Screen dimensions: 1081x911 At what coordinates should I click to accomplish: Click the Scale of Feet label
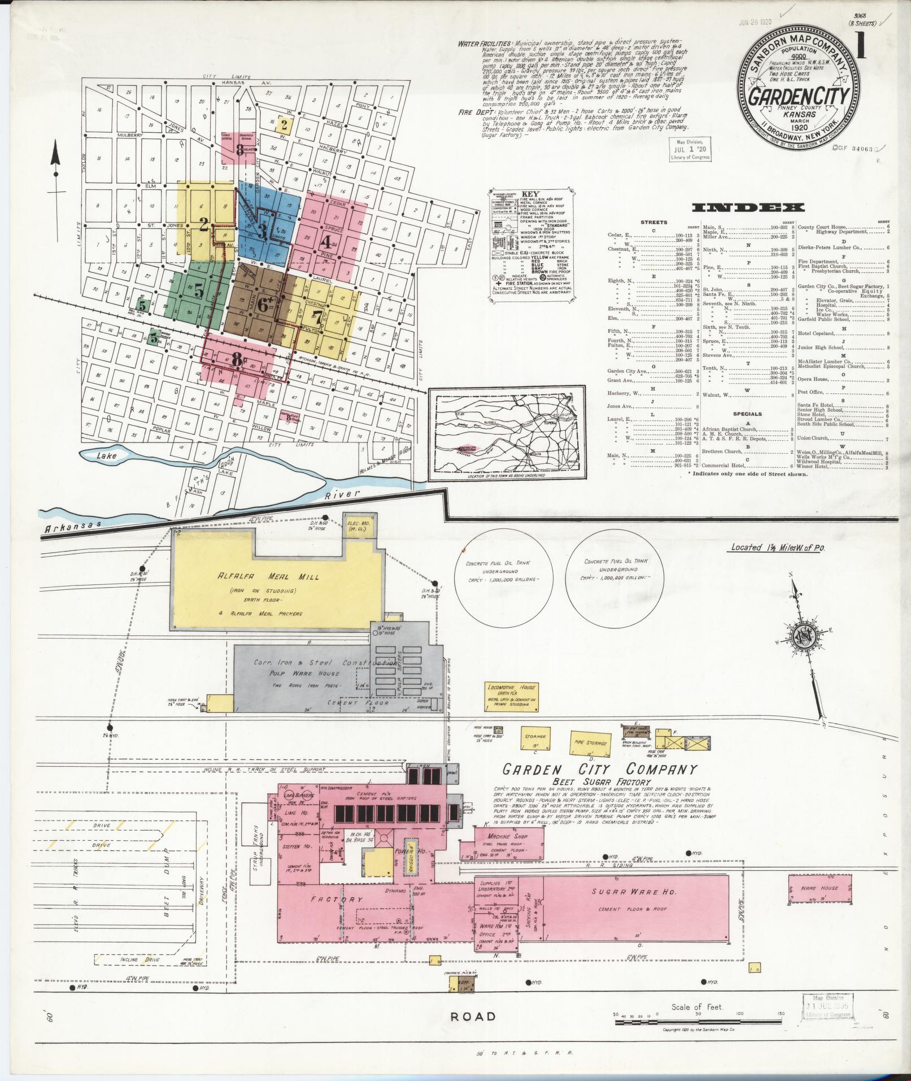[698, 1007]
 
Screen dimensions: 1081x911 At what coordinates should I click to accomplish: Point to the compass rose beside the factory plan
[802, 634]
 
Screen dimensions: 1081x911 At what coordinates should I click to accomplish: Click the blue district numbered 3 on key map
[262, 230]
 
